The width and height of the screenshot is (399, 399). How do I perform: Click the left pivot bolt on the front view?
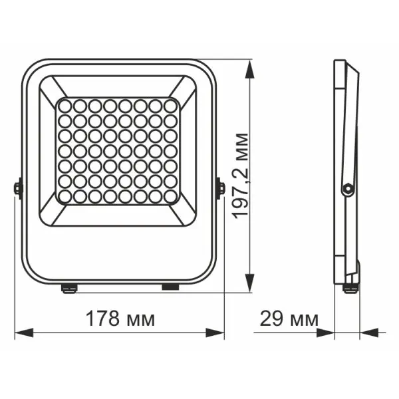click(x=17, y=188)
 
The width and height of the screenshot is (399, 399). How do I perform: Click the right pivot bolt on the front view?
click(x=220, y=188)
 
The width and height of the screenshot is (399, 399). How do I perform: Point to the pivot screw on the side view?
click(x=346, y=190)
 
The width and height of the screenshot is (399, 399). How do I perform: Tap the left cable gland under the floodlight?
click(x=68, y=287)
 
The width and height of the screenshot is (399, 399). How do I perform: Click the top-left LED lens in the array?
click(x=65, y=106)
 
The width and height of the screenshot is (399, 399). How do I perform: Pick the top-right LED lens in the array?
click(x=171, y=106)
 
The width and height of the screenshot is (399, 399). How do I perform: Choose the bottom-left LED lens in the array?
click(x=65, y=197)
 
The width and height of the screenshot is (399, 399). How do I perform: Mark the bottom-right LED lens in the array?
click(x=171, y=197)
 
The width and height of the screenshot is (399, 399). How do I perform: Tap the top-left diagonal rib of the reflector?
click(x=53, y=87)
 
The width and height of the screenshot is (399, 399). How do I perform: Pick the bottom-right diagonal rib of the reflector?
click(x=184, y=216)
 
